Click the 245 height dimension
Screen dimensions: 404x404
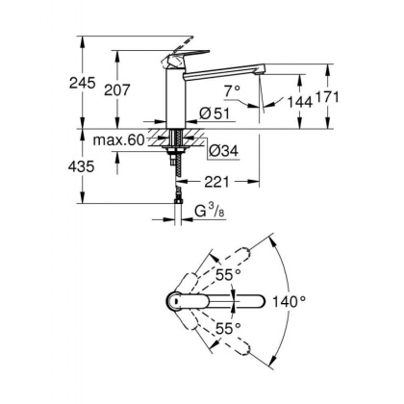tap(83, 84)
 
